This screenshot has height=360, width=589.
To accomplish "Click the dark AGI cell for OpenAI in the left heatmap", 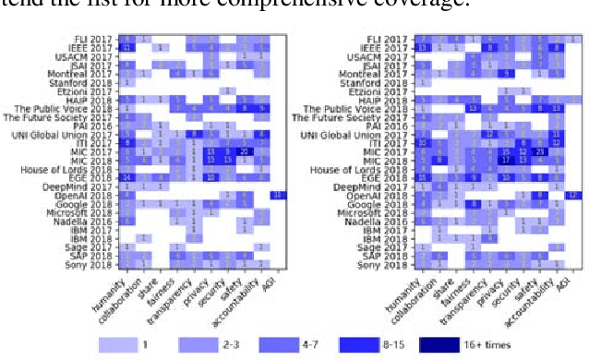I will pyautogui.click(x=276, y=196).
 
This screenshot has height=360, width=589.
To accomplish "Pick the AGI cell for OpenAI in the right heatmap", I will pyautogui.click(x=572, y=196).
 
